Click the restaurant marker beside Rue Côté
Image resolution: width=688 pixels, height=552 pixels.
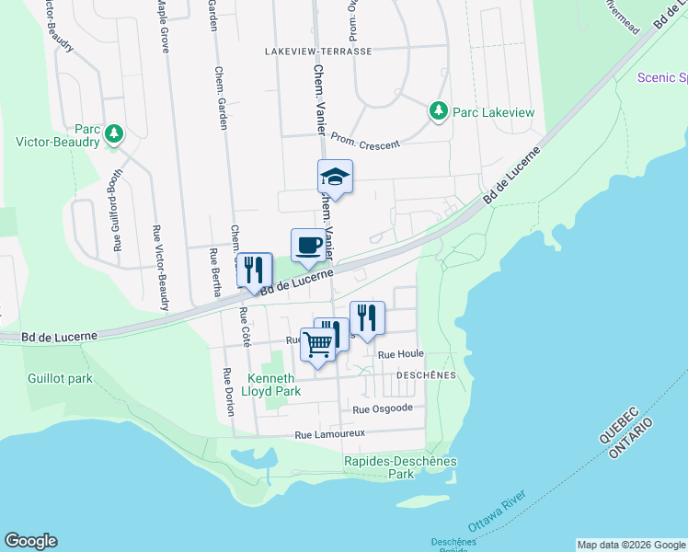[255, 270]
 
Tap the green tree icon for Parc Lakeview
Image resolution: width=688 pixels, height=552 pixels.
[439, 111]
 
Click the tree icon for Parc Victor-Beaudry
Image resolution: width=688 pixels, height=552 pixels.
[114, 135]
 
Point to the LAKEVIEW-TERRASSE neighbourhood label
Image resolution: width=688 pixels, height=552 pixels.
[318, 52]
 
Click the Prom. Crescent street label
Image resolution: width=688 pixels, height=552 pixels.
[365, 139]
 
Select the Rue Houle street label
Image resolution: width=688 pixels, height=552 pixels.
[400, 353]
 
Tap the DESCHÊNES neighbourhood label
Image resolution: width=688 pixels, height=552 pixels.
[426, 375]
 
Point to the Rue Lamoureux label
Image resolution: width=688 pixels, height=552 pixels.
[330, 433]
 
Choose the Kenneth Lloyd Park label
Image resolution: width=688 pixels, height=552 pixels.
[274, 385]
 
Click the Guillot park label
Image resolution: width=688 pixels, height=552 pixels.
[60, 378]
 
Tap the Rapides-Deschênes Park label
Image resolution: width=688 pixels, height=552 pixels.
[400, 467]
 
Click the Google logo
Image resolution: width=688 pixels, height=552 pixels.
[30, 541]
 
